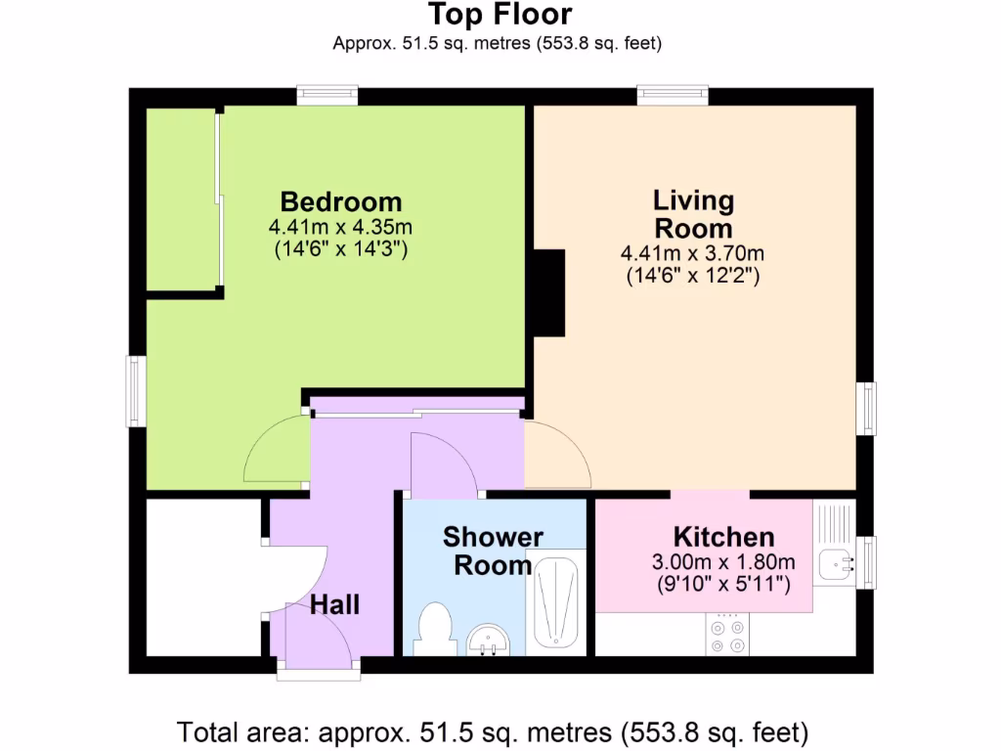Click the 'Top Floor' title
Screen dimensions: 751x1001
pos(500,15)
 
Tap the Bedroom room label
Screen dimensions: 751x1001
pos(340,202)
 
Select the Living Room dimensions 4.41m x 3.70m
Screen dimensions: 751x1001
pos(692,254)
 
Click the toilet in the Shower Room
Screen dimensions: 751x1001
pos(432,627)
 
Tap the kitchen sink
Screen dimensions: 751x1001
pos(834,563)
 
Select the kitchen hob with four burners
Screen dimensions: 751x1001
pos(726,635)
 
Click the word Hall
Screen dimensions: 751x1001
pos(334,605)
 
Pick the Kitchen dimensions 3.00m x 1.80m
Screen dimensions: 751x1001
pos(722,562)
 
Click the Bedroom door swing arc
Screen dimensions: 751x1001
pos(274,450)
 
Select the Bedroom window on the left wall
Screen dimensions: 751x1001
pos(136,391)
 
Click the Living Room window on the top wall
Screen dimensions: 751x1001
pos(673,95)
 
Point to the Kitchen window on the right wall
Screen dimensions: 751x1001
pos(866,562)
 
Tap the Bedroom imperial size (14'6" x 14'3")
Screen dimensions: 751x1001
pos(340,249)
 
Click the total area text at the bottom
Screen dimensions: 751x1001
pos(493,731)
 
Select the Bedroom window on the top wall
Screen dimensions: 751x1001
pos(327,95)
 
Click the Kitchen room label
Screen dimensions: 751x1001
pos(723,537)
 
